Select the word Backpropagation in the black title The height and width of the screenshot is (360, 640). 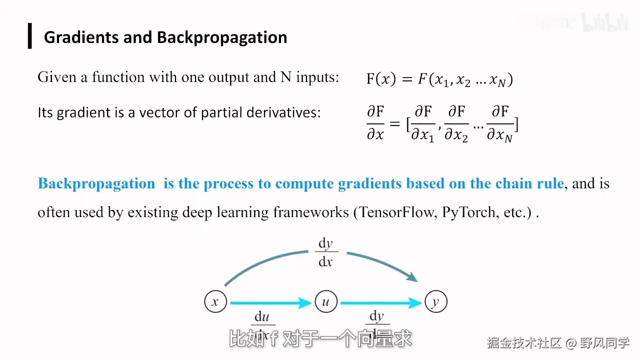coord(222,37)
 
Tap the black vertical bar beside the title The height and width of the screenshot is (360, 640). coord(30,36)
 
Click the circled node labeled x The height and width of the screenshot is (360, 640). coord(215,302)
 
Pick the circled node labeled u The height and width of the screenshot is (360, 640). coord(326,302)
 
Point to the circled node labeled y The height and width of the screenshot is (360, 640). coord(435,302)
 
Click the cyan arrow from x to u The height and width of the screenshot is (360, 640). coord(270,302)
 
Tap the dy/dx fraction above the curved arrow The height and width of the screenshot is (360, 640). coord(325,252)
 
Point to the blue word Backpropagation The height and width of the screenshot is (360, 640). coord(96,183)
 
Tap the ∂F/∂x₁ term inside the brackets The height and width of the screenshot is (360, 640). coord(423,123)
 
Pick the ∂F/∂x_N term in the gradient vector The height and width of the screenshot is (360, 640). coord(501,123)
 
